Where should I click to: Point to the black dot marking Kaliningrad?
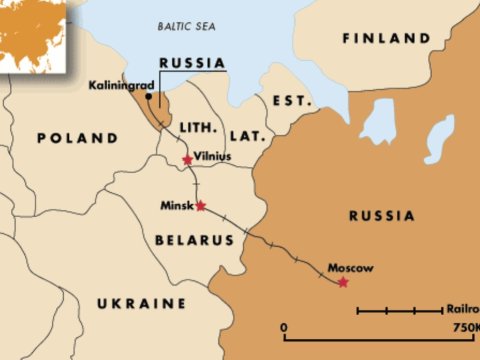point(149,98)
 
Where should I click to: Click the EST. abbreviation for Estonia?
point(290,101)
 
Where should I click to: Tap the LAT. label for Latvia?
point(246,134)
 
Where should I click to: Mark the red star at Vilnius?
point(187,159)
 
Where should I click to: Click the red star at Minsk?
point(201,206)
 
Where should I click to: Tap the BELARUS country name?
point(194,240)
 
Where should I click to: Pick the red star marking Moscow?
point(343,283)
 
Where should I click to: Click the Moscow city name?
point(351,268)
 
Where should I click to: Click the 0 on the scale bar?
point(285,328)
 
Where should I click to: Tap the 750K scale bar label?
point(464,328)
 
